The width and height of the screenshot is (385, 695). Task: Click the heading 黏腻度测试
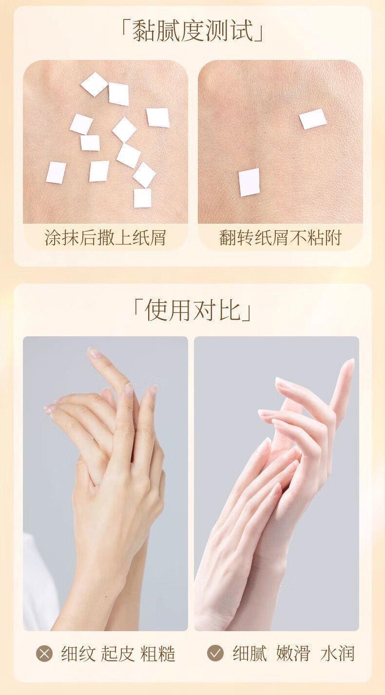point(192,32)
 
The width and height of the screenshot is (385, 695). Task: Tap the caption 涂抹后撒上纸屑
point(105,238)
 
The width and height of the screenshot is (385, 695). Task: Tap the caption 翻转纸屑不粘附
point(280,238)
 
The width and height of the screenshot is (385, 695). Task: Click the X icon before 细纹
point(45,654)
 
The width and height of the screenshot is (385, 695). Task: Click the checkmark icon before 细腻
point(215,654)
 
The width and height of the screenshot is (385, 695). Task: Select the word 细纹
point(77,654)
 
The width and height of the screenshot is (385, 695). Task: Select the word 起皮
point(117,654)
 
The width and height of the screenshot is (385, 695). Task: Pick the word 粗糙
point(157,654)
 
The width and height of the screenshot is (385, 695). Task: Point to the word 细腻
point(250,654)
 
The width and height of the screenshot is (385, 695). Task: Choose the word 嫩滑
point(293,654)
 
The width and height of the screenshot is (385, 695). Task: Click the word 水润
point(337,654)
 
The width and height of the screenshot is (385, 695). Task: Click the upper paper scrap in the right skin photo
point(313,119)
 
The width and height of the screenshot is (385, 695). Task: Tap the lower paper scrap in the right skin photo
point(249,182)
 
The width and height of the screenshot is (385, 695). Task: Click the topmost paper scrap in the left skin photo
point(95,84)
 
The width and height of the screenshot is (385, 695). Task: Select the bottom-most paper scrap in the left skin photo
point(143,198)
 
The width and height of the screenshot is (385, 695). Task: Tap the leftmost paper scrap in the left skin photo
point(56,173)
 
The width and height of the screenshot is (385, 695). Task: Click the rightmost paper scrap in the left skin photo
point(158,118)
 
